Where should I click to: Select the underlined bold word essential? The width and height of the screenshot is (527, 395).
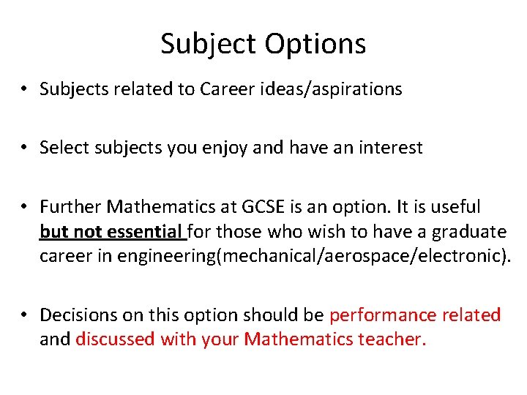[x=146, y=233]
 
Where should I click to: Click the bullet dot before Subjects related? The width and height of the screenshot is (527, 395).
[x=25, y=89]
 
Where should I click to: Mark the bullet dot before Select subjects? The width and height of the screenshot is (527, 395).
[x=25, y=148]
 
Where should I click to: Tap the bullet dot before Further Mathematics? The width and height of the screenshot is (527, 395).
[x=25, y=207]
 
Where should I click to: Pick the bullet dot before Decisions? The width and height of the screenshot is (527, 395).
[x=25, y=315]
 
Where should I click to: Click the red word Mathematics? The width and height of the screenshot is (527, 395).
[x=299, y=339]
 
